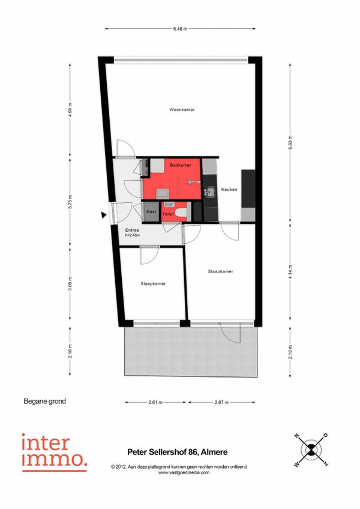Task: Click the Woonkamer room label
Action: point(182,110)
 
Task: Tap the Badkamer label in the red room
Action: point(181,165)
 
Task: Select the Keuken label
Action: point(229,189)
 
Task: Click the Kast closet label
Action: point(151,211)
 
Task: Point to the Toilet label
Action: point(168,214)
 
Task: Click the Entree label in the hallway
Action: point(132,230)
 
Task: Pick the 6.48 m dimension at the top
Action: point(180,29)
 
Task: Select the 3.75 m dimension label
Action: point(70,202)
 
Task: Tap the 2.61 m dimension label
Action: point(155,402)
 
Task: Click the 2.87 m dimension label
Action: point(221,402)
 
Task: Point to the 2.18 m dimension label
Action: point(290,352)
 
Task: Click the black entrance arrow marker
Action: point(104,215)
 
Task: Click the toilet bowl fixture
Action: point(180,213)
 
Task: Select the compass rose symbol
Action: point(311,450)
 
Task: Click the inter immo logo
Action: point(54,452)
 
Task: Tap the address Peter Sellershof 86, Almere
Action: point(177,452)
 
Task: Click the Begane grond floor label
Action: point(44,402)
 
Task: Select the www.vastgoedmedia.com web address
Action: point(184,472)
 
